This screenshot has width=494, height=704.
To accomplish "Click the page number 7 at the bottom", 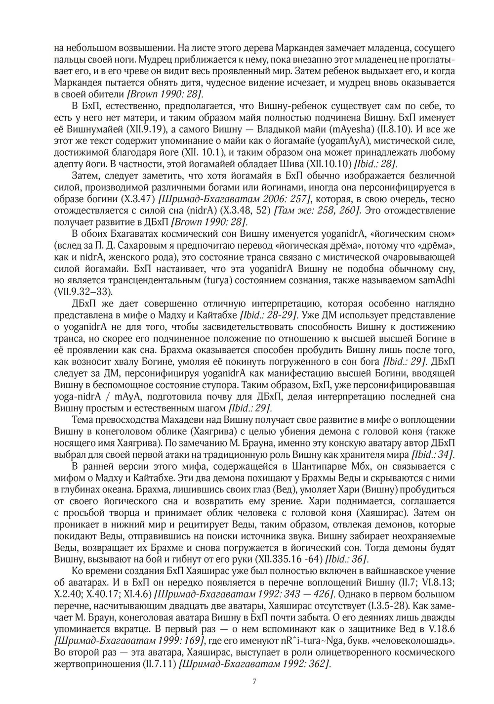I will pyautogui.click(x=254, y=682).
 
